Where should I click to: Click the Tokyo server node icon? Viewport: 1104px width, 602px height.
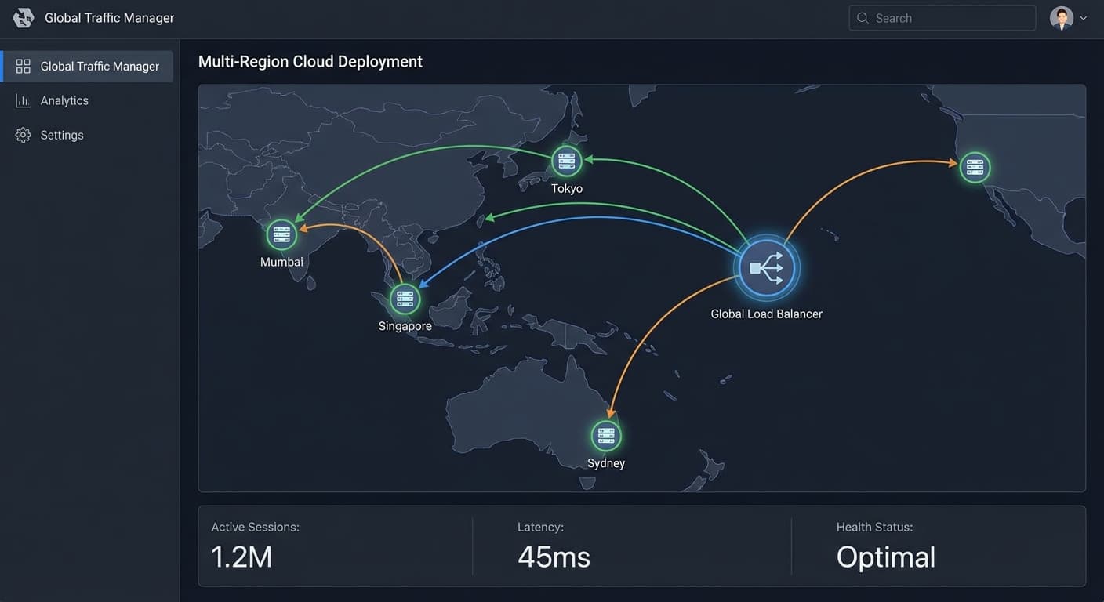coord(566,161)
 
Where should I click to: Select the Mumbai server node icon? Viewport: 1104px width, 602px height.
coord(281,234)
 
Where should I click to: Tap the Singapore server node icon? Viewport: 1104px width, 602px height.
coord(405,299)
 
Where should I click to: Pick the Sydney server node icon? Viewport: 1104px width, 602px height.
coord(606,436)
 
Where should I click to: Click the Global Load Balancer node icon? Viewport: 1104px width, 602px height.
coord(766,268)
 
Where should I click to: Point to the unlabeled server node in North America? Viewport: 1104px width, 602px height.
coord(975,168)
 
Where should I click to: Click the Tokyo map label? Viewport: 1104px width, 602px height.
coord(567,189)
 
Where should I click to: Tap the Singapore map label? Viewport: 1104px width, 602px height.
coord(405,326)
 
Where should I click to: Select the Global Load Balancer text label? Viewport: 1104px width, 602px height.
coord(766,314)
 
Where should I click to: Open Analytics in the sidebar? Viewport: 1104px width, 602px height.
coord(64,100)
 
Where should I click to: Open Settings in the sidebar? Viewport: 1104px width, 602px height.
coord(62,135)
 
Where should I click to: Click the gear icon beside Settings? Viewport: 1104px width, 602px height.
coord(23,135)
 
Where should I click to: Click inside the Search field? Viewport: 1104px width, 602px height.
coord(942,18)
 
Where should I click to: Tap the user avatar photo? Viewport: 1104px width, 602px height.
coord(1061,18)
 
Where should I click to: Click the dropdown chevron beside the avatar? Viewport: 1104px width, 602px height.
coord(1084,18)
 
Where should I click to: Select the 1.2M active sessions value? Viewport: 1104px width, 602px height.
coord(241,557)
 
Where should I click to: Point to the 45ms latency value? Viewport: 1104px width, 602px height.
coord(554,557)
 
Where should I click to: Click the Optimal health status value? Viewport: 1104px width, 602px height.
coord(886,557)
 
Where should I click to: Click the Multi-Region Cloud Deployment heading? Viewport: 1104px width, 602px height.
coord(310,62)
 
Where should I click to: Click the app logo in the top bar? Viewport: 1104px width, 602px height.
coord(24,18)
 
